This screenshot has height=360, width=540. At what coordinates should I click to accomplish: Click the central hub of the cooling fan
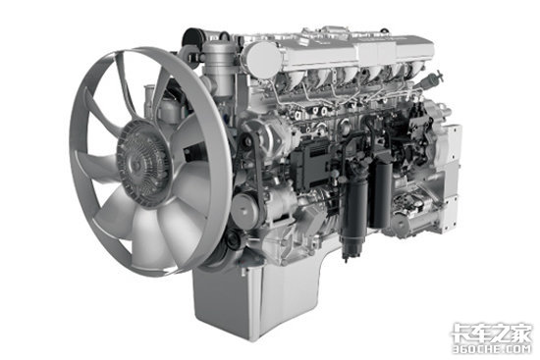[142, 162]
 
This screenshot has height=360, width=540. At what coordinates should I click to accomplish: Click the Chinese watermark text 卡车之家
[492, 333]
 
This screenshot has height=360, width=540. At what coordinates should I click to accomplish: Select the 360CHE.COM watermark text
[492, 349]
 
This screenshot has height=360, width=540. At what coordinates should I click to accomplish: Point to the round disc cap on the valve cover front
[264, 62]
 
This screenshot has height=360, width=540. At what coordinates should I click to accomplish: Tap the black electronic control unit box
[312, 164]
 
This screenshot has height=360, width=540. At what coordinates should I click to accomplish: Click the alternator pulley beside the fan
[245, 209]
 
